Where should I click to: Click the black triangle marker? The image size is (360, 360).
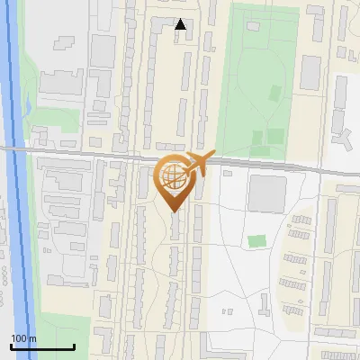181,24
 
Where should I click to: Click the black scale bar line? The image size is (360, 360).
42,347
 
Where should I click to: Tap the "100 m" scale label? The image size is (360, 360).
23,338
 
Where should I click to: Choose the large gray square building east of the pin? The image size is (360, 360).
266,193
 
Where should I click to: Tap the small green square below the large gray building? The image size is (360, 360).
257,241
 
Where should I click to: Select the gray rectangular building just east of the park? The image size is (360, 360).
310,72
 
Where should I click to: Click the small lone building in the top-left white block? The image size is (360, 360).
65,43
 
